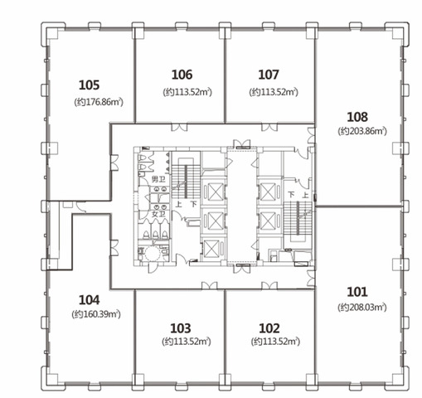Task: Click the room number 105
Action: [89, 85]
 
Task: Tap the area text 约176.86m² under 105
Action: [99, 102]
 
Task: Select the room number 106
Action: [182, 75]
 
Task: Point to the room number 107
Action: [269, 75]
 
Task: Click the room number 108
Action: [357, 117]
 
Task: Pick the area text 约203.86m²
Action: [362, 131]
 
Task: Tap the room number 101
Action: [357, 292]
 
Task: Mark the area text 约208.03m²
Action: [362, 308]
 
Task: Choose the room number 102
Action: [269, 328]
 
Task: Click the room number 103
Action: [181, 328]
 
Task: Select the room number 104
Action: [89, 300]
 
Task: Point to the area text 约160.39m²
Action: [96, 314]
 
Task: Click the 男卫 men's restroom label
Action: [158, 179]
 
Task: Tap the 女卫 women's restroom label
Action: [158, 215]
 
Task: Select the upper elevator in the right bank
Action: [268, 192]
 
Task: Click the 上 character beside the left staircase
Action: [178, 205]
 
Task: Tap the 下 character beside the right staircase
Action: [291, 195]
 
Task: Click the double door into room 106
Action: [179, 127]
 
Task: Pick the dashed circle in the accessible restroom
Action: [153, 254]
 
